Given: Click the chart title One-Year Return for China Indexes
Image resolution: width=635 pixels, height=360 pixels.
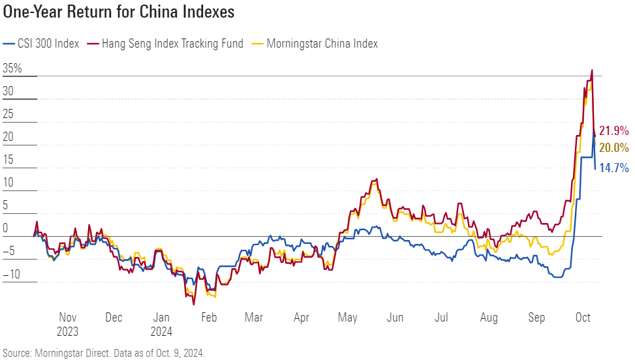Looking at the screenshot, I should pyautogui.click(x=119, y=12).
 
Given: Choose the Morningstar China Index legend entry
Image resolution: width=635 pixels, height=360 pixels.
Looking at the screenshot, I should pyautogui.click(x=320, y=44).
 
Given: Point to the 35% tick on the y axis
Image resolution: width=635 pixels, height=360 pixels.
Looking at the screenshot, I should pyautogui.click(x=12, y=68).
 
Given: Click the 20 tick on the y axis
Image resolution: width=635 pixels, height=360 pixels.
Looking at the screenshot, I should pyautogui.click(x=8, y=137).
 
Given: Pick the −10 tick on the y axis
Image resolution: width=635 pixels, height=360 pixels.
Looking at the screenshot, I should pyautogui.click(x=12, y=274).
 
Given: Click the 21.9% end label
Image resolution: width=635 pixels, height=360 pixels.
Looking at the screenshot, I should pyautogui.click(x=613, y=130).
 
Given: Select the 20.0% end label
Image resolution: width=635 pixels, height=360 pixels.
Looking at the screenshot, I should pyautogui.click(x=613, y=147).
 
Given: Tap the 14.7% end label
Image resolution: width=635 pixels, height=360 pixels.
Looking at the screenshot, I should pyautogui.click(x=613, y=168).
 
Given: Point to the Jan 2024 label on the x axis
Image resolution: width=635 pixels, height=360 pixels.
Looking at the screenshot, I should pyautogui.click(x=161, y=324).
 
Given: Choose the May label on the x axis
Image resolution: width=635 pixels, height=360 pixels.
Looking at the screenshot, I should pyautogui.click(x=348, y=318).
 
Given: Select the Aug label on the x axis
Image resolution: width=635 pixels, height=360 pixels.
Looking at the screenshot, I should pyautogui.click(x=489, y=318).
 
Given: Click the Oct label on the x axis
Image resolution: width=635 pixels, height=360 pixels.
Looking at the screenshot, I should pyautogui.click(x=583, y=318).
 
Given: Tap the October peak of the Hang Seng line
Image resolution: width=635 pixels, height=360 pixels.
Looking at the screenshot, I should pyautogui.click(x=592, y=70).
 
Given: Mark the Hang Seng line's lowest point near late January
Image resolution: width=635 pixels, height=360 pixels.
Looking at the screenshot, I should pyautogui.click(x=194, y=304).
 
